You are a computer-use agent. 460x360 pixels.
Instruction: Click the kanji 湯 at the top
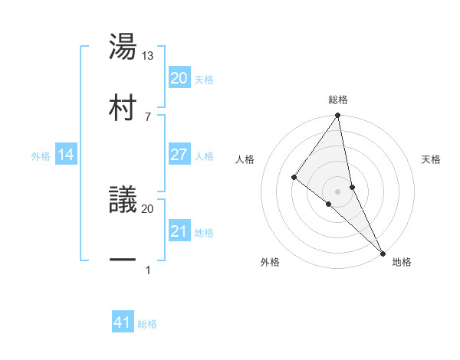click(123, 47)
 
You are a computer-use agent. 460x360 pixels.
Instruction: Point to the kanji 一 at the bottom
click(123, 260)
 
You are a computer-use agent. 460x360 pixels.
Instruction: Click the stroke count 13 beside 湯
click(149, 55)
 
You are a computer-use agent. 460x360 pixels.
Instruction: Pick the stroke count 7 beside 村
click(148, 116)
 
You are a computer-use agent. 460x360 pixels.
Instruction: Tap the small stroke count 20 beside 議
click(148, 208)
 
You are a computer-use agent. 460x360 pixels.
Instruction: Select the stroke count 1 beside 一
click(148, 270)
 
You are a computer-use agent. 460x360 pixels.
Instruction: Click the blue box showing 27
click(179, 155)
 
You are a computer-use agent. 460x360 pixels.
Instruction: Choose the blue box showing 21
click(179, 231)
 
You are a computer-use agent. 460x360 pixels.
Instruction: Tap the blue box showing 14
click(66, 155)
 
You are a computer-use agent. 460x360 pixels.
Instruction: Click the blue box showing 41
click(123, 323)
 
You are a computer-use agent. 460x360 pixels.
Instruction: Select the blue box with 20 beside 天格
click(179, 78)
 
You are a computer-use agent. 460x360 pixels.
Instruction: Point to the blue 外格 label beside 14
click(41, 156)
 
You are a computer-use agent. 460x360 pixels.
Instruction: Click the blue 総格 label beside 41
click(147, 324)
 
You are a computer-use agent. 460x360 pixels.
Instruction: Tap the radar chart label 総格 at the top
click(338, 100)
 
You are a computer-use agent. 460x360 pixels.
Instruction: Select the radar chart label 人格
click(245, 159)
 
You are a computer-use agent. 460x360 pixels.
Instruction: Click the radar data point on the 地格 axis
click(382, 252)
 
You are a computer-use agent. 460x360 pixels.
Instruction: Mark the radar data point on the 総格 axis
click(338, 116)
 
